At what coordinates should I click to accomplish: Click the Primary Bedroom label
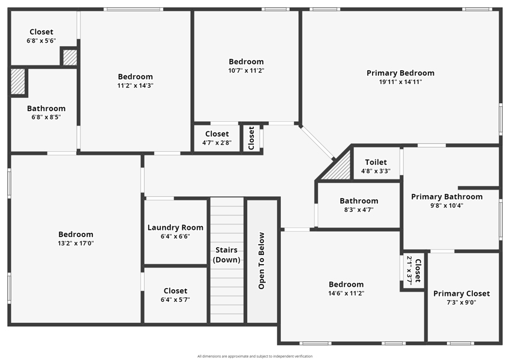click(400, 73)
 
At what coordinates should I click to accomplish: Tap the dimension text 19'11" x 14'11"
click(400, 82)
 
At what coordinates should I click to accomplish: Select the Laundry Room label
click(175, 227)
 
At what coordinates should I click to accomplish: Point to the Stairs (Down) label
click(226, 254)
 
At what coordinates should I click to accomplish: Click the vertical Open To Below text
click(262, 260)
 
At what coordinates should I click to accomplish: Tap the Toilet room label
click(376, 162)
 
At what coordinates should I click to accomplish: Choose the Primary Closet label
click(461, 293)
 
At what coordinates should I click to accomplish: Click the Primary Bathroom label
click(447, 197)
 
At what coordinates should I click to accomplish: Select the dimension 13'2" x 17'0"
click(76, 243)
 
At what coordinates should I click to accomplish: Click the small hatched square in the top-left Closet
click(70, 57)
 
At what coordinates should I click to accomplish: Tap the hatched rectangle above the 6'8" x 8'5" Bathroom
click(18, 82)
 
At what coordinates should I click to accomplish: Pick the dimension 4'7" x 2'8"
click(217, 142)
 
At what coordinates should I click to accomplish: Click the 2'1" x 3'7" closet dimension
click(410, 271)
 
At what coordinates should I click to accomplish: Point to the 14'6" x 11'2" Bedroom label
click(346, 284)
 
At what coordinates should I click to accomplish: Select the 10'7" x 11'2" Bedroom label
click(246, 62)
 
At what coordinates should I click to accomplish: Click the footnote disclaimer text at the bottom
click(255, 356)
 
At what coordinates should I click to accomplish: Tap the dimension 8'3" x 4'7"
click(359, 210)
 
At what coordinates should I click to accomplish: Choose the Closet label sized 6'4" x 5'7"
click(175, 291)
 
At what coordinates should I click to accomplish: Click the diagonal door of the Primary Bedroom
click(318, 142)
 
